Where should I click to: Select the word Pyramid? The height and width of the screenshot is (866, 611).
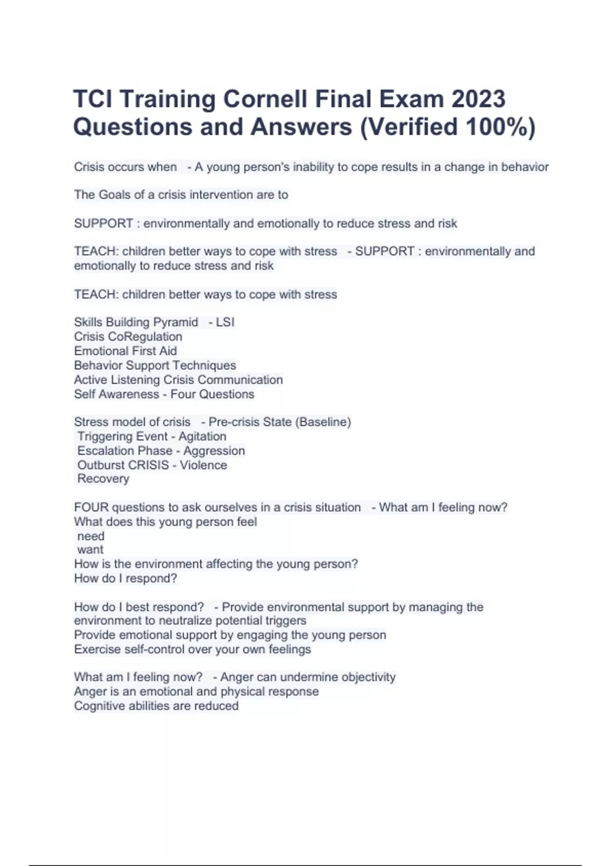click(174, 322)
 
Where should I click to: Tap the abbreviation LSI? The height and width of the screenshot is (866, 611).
click(225, 322)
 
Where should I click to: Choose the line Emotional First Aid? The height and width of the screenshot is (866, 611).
click(125, 351)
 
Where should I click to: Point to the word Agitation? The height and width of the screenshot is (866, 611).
click(202, 437)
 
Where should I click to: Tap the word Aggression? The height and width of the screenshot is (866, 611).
click(214, 451)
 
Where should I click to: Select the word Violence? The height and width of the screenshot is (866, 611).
click(203, 465)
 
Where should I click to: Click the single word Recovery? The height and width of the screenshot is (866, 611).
click(103, 479)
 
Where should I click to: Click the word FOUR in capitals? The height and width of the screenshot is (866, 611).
click(91, 507)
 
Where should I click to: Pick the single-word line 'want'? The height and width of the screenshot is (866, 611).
click(90, 550)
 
